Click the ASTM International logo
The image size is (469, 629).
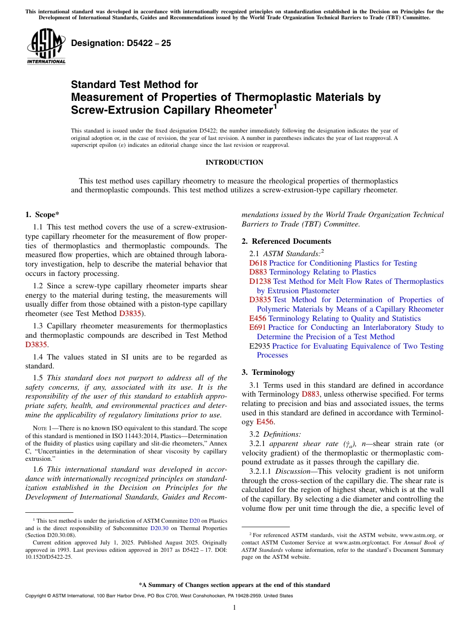point(46,47)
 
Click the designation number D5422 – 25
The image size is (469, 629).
point(121,43)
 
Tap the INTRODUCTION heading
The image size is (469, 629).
point(234,162)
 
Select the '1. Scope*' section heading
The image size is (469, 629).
point(42,215)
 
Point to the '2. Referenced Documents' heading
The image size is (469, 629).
point(286,241)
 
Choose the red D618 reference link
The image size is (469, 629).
point(258,263)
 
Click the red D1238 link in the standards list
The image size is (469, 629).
point(260,281)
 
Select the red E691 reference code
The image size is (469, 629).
point(258,327)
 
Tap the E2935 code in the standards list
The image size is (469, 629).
point(260,346)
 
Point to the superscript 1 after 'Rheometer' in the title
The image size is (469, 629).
point(275,105)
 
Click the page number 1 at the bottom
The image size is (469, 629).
point(234,607)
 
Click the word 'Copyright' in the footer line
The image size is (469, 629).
point(36,596)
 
